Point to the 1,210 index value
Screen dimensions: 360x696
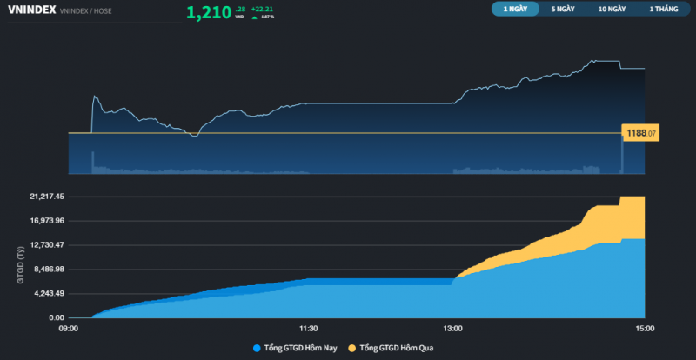209,12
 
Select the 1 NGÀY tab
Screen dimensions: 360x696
515,9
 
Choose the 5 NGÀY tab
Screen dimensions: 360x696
563,9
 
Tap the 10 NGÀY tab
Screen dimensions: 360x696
612,9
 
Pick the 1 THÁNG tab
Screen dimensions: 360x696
663,9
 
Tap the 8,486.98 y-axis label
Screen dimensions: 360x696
48,270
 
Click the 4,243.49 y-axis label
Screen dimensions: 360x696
48,294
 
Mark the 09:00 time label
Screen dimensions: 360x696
69,329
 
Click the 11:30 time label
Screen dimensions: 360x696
308,329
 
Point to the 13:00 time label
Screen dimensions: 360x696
452,329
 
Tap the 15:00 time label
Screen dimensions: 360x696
645,329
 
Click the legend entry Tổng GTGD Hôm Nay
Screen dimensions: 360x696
295,348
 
